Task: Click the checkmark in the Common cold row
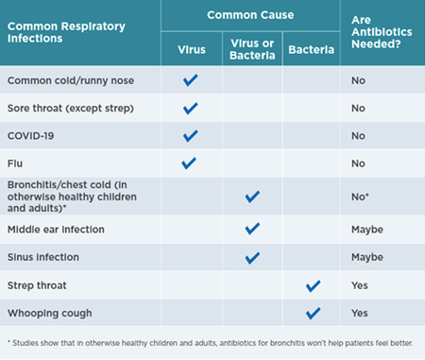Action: tap(191, 80)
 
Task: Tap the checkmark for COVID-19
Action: tap(191, 136)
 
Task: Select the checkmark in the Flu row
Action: tap(189, 163)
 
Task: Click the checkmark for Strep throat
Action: tap(313, 286)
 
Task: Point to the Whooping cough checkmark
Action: tap(313, 314)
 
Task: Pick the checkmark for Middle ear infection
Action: tap(252, 229)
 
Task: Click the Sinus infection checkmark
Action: tap(252, 258)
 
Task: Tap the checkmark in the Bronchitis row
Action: tap(252, 197)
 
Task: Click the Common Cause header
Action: tap(250, 15)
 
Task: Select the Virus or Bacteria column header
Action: tap(252, 49)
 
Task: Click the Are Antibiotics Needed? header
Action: tap(382, 32)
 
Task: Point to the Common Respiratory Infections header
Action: tap(66, 32)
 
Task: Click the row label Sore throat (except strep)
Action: tap(71, 109)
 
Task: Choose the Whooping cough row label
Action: tap(50, 314)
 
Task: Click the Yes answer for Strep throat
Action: tap(360, 285)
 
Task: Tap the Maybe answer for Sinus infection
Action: tap(367, 257)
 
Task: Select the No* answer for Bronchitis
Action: tap(360, 197)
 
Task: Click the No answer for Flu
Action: tap(358, 163)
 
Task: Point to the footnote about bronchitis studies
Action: tap(210, 343)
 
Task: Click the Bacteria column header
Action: tap(311, 50)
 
